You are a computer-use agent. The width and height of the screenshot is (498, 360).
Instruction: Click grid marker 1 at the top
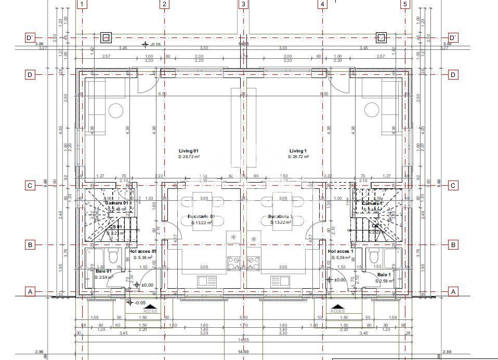point(82,5)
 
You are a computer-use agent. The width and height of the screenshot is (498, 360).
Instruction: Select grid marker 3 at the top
point(243,5)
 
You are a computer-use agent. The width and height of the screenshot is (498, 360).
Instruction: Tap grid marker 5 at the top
point(405,5)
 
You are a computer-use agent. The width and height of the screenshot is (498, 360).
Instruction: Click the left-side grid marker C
point(30,186)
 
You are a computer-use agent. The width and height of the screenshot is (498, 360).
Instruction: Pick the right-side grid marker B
point(453,245)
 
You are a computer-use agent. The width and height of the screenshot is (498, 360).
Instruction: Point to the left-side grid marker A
point(30,292)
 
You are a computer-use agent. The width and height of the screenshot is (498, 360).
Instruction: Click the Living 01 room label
point(189,151)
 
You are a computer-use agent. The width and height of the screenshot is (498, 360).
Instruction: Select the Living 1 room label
point(299,151)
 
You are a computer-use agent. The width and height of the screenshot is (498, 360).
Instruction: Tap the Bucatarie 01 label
point(201,216)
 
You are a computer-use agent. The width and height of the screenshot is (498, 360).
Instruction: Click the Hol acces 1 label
point(341,252)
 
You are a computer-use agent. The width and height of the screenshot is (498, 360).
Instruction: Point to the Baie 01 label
point(103,272)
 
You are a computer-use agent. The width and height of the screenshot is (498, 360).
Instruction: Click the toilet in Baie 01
point(113,256)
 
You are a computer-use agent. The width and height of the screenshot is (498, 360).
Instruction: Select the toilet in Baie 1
point(373,256)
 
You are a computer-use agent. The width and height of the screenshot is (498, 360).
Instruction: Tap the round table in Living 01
point(115,110)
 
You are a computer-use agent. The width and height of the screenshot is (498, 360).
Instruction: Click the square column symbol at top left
point(106,37)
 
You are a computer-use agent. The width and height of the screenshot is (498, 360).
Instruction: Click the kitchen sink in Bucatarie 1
point(281,281)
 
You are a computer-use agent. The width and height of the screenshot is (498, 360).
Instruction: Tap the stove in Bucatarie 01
point(233,263)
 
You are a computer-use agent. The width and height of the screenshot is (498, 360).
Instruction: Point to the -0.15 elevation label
point(155,45)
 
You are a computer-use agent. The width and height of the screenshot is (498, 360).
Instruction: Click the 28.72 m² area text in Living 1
point(299,157)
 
